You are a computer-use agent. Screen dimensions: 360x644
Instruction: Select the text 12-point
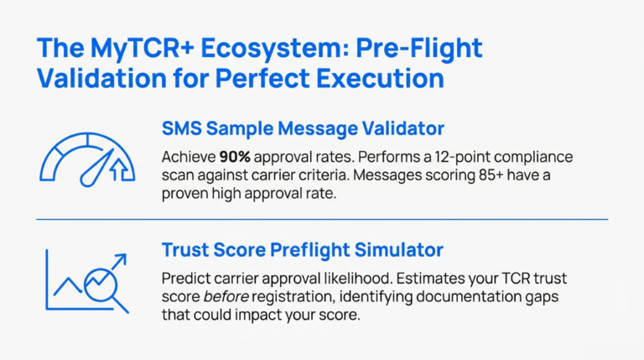428,157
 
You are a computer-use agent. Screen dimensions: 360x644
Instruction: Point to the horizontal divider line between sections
322,219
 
